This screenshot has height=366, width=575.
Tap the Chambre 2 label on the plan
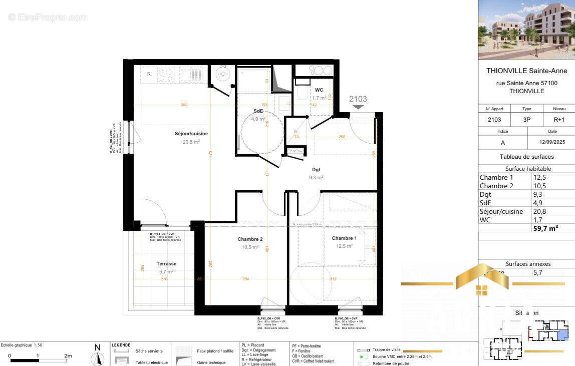250,239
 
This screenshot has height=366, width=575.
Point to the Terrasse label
166,264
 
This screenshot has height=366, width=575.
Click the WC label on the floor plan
319,90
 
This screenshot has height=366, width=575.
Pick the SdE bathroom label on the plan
258,111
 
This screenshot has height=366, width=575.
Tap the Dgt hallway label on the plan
316,170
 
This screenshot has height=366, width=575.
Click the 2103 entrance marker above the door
358,99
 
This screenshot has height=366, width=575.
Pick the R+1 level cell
559,120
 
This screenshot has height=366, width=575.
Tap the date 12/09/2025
552,143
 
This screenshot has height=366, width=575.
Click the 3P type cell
527,120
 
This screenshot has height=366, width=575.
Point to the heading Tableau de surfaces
526,157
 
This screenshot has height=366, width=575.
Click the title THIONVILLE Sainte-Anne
526,71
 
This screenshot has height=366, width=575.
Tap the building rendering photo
526,30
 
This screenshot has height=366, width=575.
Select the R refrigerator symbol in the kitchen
149,75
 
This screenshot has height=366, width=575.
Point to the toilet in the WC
302,93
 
